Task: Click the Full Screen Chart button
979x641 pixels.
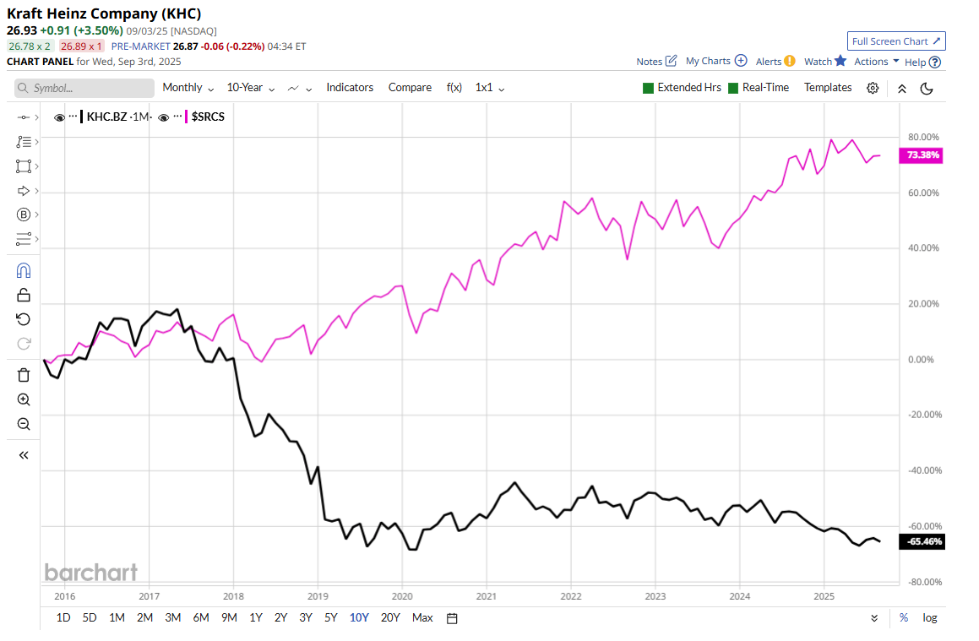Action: (896, 41)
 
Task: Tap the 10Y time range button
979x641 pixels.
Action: (359, 617)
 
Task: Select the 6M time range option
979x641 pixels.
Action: (201, 617)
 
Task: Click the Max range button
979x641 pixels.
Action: (422, 617)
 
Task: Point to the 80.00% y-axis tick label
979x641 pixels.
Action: (922, 137)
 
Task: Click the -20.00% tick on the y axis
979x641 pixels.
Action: (922, 415)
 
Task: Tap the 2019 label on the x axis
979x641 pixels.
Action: (318, 595)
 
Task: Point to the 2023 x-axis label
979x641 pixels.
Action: (655, 595)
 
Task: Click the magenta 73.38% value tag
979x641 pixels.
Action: (922, 155)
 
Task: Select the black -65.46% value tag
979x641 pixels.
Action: (922, 541)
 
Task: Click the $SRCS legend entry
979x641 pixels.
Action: (208, 117)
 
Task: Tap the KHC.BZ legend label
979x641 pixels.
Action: (106, 117)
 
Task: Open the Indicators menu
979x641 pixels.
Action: (350, 88)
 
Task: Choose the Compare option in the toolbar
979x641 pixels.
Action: (409, 88)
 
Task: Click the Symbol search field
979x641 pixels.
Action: (84, 88)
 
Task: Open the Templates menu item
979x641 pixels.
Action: (828, 88)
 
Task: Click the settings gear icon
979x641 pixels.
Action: (873, 88)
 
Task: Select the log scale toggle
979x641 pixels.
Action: (930, 617)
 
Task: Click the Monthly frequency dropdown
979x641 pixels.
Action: (188, 88)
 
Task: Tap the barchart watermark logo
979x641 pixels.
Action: (90, 572)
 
